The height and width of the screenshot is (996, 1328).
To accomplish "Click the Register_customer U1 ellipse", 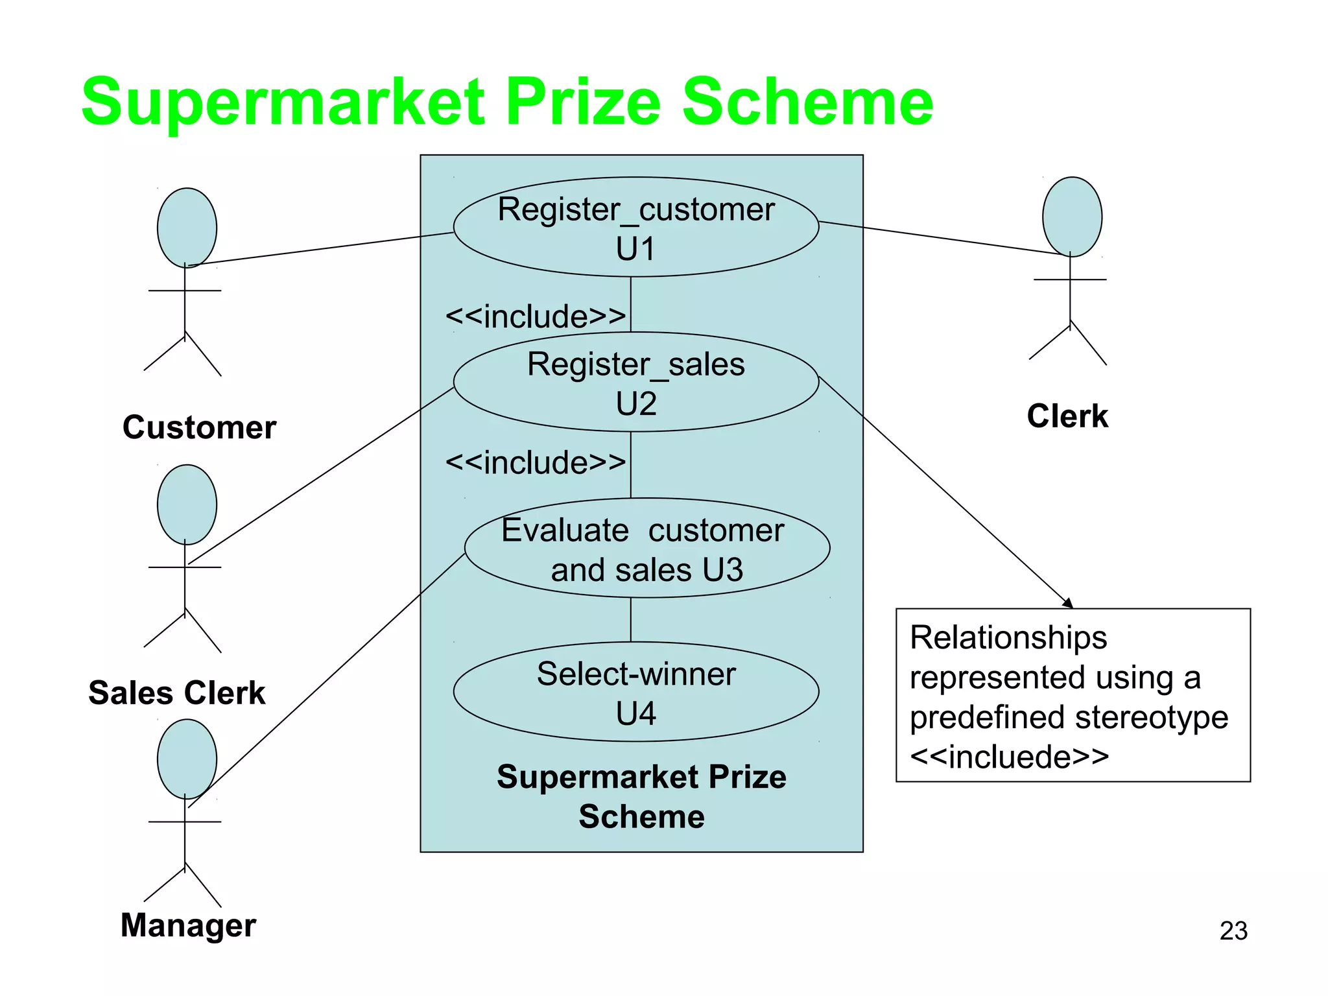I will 635,227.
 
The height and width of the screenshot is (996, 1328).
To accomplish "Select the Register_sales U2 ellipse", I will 635,383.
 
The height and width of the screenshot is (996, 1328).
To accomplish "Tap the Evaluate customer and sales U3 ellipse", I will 646,549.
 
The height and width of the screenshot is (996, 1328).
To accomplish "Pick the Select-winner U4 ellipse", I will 635,692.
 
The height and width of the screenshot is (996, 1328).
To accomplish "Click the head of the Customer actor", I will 187,228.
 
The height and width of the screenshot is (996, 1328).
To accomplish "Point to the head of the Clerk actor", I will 1072,217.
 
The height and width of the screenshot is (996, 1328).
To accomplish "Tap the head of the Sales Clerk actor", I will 187,504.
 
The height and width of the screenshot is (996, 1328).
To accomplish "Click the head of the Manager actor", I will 187,759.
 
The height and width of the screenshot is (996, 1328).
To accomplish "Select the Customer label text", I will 199,427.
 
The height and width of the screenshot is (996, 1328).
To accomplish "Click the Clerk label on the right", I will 1067,416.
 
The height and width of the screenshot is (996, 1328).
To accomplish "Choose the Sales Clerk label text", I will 176,693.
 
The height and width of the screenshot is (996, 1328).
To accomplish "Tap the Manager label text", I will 188,925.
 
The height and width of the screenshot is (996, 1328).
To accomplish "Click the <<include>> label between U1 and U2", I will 536,316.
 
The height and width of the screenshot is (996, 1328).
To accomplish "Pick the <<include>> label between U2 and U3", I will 536,463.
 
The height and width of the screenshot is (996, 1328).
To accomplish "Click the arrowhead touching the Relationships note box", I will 1068,604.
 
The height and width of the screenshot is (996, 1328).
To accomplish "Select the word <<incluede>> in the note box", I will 1009,757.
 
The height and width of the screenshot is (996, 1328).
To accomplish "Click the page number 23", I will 1233,931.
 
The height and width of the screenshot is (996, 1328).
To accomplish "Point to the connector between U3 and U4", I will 631,620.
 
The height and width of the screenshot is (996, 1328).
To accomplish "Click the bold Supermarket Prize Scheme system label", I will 641,796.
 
